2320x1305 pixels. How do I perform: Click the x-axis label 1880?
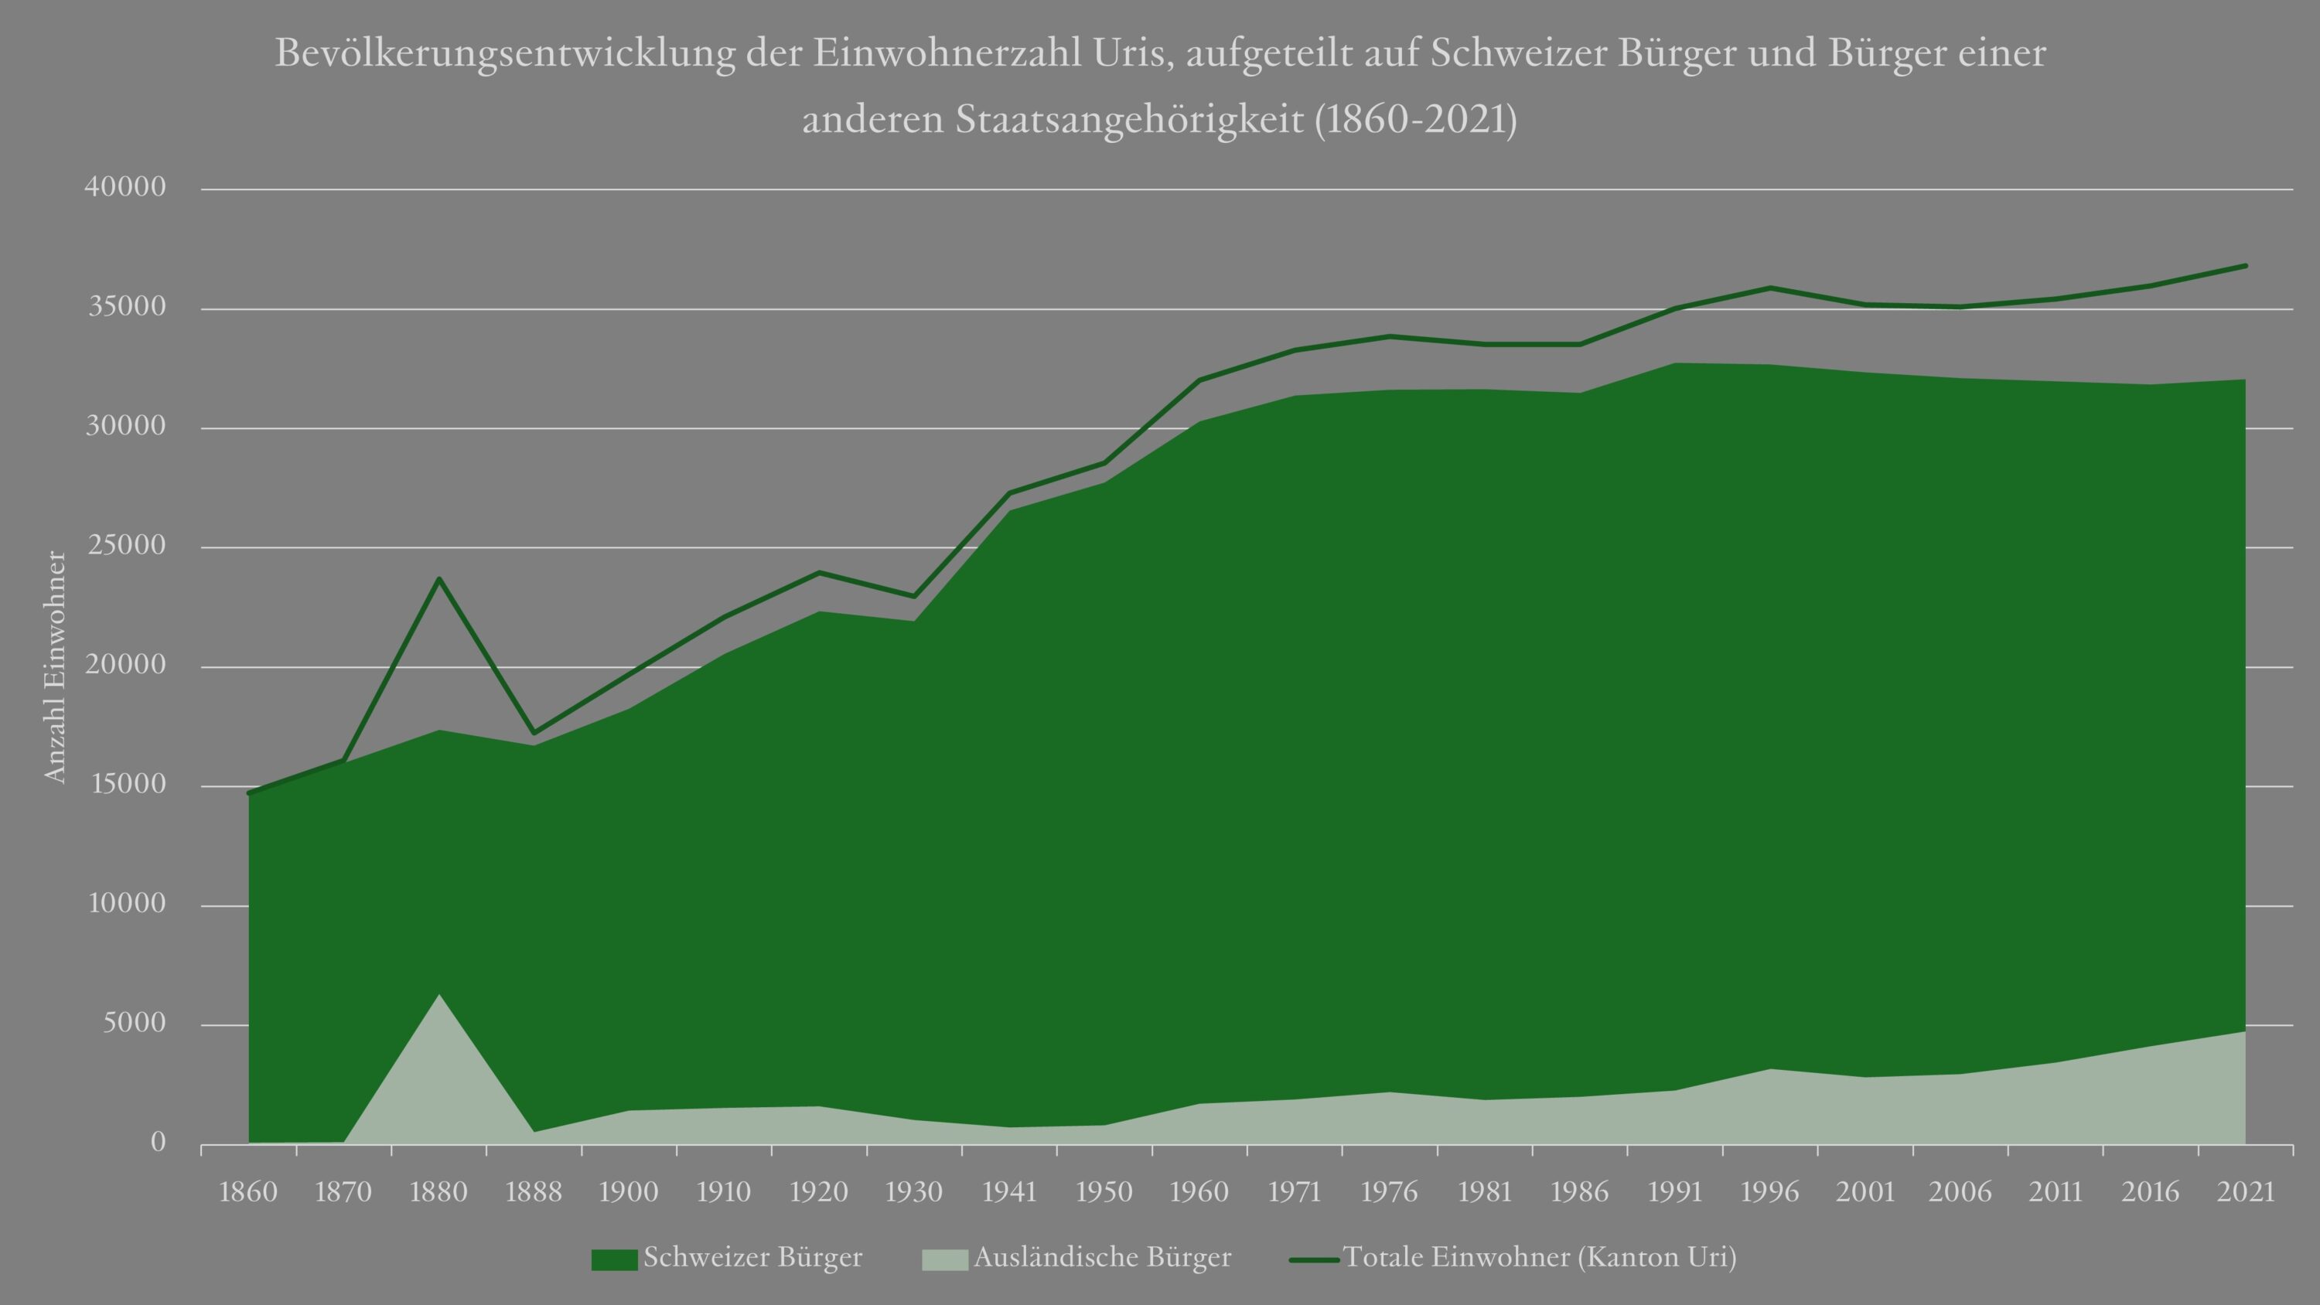click(438, 1192)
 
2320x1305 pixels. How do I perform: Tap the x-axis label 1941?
click(1010, 1192)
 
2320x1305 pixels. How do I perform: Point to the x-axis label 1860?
click(248, 1192)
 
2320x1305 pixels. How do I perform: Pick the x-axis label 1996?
click(1769, 1192)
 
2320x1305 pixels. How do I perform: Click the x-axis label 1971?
click(1295, 1192)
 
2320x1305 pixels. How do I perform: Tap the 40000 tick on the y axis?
click(125, 187)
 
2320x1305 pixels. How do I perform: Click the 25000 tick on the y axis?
click(125, 546)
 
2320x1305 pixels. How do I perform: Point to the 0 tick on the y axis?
click(159, 1143)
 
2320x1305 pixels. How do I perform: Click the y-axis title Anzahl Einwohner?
click(56, 667)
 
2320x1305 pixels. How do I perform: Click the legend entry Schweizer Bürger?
click(752, 1257)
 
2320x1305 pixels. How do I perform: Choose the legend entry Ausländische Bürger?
click(1101, 1257)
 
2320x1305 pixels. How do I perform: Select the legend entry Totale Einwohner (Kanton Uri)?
click(1539, 1257)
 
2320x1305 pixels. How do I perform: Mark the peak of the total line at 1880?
click(438, 578)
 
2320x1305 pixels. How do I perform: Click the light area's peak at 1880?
click(438, 995)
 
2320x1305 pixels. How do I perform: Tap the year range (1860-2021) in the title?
click(1415, 120)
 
